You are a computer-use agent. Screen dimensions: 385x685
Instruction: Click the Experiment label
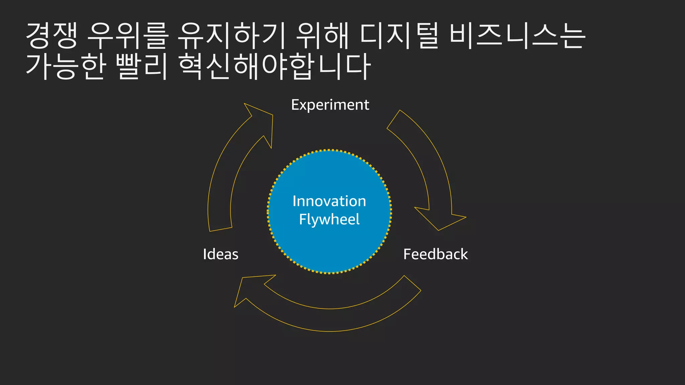click(x=330, y=105)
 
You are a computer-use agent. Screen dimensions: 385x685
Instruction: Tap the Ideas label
click(x=221, y=254)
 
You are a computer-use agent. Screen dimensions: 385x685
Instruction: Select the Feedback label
click(x=435, y=254)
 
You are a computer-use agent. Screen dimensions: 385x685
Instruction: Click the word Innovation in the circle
click(x=329, y=201)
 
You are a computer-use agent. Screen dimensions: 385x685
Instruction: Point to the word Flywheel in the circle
click(x=329, y=220)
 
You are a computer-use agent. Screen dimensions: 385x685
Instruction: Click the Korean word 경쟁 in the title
click(x=52, y=35)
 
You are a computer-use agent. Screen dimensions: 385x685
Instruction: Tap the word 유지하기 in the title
click(x=231, y=35)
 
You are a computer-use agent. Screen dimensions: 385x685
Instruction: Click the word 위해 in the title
click(x=322, y=35)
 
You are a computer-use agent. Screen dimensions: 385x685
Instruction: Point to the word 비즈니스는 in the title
click(x=517, y=35)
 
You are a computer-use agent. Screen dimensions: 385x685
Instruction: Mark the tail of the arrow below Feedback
click(x=412, y=283)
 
